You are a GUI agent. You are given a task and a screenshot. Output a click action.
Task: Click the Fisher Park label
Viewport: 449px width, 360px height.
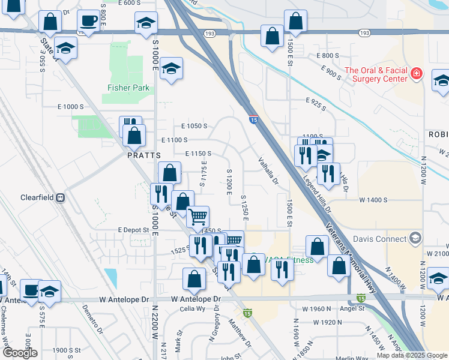128,88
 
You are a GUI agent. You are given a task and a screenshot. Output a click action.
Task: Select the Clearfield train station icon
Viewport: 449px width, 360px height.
60,197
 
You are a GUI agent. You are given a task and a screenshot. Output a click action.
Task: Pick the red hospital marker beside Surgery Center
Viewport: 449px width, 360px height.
417,74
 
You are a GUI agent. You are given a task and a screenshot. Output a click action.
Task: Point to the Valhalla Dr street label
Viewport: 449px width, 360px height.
268,170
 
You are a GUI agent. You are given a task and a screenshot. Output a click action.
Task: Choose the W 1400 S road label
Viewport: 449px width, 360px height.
373,200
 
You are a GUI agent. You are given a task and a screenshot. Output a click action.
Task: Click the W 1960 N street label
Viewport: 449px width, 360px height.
313,308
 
